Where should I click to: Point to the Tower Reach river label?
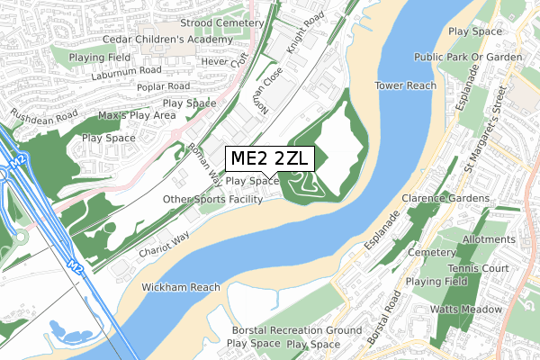pyautogui.click(x=406, y=85)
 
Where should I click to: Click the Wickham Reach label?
pyautogui.click(x=181, y=287)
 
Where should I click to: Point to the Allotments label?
pyautogui.click(x=487, y=240)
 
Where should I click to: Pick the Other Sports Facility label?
pyautogui.click(x=213, y=198)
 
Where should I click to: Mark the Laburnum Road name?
pyautogui.click(x=125, y=70)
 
